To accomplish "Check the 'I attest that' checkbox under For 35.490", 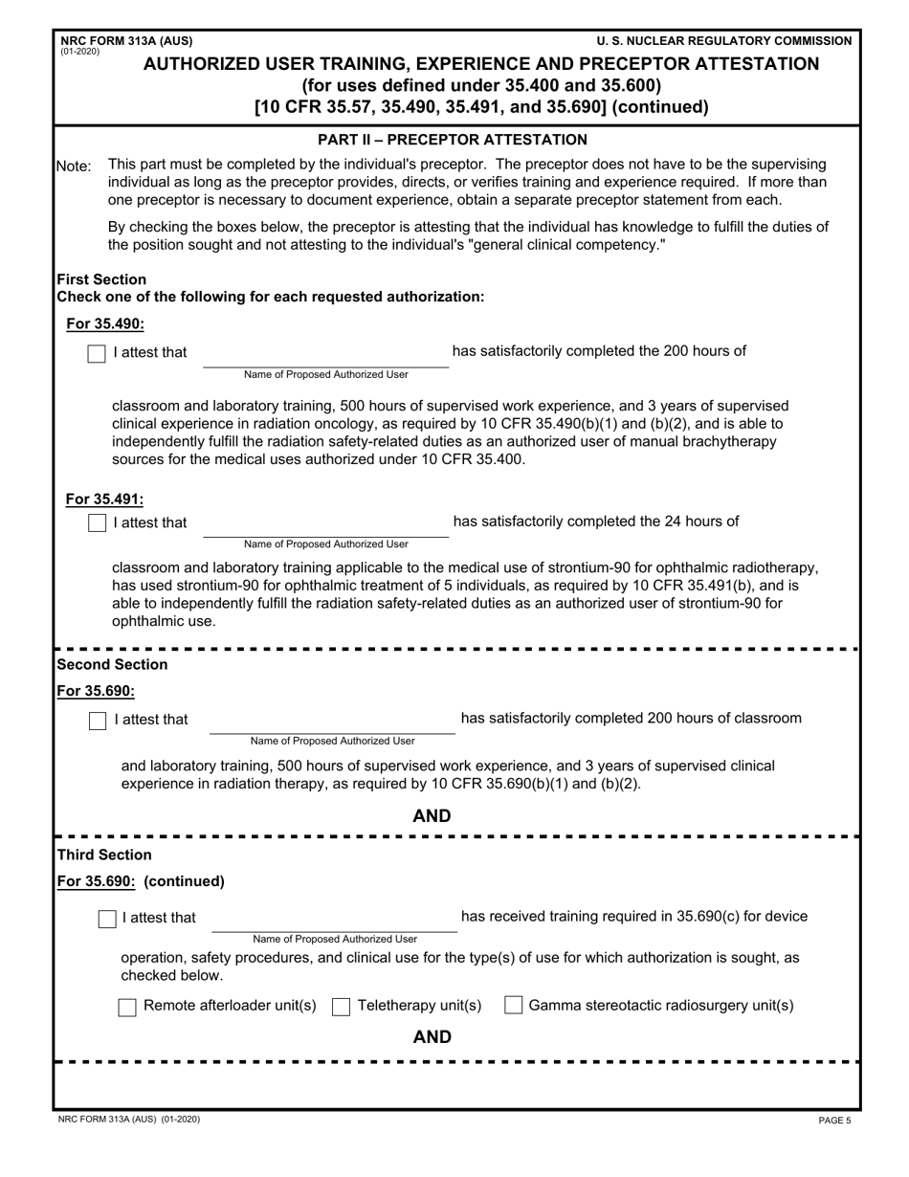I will pyautogui.click(x=97, y=353).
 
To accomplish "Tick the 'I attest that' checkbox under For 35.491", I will pyautogui.click(x=97, y=523).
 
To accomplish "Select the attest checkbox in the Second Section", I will pyautogui.click(x=98, y=721).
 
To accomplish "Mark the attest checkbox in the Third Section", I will pyautogui.click(x=108, y=919).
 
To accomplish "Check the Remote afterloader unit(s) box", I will pyautogui.click(x=126, y=1007).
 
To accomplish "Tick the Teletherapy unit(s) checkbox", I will pyautogui.click(x=341, y=1007).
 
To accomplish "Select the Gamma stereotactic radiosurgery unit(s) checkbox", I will pyautogui.click(x=513, y=1006).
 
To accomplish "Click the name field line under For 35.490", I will pyautogui.click(x=325, y=359).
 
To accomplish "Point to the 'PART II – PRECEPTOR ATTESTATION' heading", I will pyautogui.click(x=453, y=140).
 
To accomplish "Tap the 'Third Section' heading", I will pyautogui.click(x=104, y=855).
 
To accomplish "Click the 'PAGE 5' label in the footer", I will pyautogui.click(x=834, y=1121).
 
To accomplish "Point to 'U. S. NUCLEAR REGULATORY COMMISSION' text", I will pyautogui.click(x=723, y=41).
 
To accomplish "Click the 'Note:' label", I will pyautogui.click(x=75, y=167).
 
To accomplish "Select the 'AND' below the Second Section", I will pyautogui.click(x=432, y=816).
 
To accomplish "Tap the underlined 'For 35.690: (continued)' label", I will pyautogui.click(x=141, y=881).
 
